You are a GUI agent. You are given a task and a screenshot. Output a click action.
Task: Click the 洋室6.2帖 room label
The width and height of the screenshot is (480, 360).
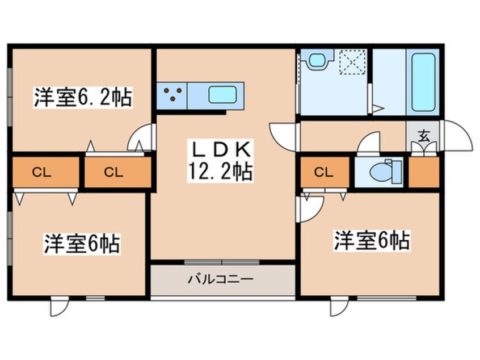(82, 98)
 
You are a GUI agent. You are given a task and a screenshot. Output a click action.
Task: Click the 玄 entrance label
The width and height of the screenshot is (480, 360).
(423, 136)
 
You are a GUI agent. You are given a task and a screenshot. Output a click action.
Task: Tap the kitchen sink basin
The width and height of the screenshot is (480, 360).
(222, 95)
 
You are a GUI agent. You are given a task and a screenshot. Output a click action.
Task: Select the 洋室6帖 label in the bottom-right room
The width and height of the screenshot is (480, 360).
(372, 241)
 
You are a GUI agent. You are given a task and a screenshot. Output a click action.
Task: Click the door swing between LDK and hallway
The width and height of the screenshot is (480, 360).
(281, 135)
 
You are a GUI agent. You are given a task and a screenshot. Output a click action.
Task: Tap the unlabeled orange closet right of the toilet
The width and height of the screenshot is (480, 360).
(423, 172)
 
